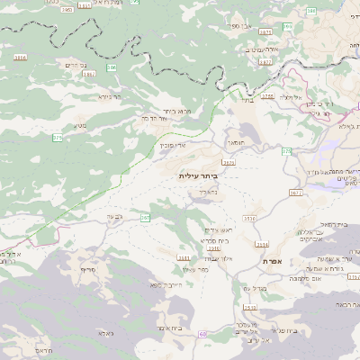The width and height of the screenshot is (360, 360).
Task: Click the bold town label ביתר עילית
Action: (x=198, y=175)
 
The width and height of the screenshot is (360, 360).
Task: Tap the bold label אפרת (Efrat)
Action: (x=274, y=260)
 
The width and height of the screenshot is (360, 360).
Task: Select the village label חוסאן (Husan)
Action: (x=236, y=142)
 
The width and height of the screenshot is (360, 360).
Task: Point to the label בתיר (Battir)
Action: (x=247, y=101)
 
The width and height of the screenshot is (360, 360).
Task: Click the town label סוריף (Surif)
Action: (x=87, y=270)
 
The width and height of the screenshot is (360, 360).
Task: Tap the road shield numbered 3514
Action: (x=262, y=244)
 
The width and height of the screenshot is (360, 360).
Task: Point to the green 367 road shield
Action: (x=145, y=218)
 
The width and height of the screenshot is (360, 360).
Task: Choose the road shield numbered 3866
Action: (x=21, y=57)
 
